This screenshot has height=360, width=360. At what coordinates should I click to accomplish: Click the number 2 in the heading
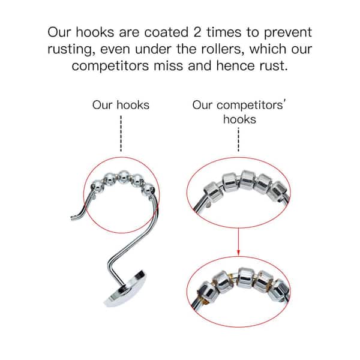(197, 32)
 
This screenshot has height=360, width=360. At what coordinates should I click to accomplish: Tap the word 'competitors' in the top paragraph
(110, 66)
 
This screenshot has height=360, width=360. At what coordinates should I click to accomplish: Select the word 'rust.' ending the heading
(274, 65)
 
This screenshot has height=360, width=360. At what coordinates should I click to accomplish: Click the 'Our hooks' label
(121, 105)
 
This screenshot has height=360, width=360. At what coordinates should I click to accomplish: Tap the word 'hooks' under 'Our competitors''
(239, 119)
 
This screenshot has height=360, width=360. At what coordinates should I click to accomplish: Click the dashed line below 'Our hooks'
(121, 133)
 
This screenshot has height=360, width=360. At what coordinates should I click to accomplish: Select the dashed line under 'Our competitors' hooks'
(238, 140)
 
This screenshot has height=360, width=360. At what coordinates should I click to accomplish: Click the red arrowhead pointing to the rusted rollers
(238, 253)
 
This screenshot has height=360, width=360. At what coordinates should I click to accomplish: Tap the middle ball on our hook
(124, 177)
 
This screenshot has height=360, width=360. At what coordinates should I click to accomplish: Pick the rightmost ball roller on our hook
(148, 189)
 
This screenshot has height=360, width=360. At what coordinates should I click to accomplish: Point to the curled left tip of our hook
(73, 218)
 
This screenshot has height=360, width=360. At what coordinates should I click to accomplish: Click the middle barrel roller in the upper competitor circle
(247, 180)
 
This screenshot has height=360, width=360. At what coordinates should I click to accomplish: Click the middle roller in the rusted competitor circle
(245, 278)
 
